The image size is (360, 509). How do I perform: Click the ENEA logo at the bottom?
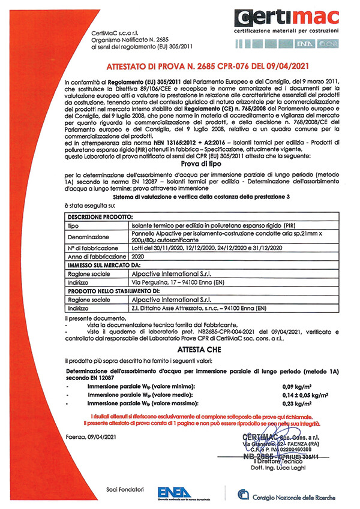pos(174,491)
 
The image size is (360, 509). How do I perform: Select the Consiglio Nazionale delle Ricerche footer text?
pos(293,497)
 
